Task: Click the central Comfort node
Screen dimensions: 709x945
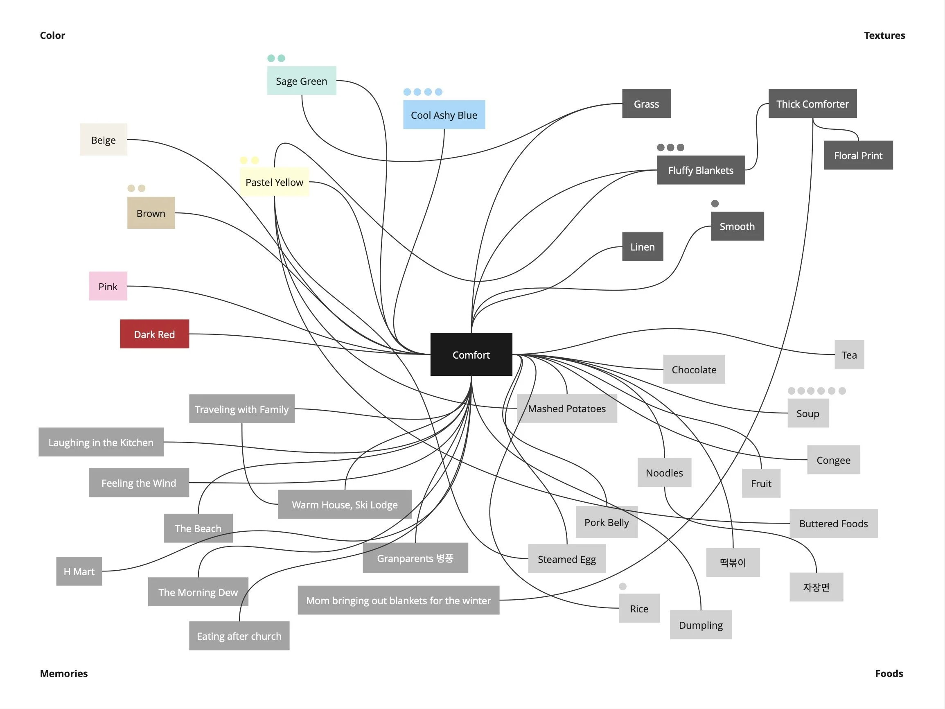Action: click(471, 354)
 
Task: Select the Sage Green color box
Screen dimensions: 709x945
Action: click(301, 81)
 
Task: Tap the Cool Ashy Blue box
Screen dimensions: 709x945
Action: click(444, 115)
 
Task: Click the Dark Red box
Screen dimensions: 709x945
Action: click(154, 334)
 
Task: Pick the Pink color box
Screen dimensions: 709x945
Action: click(108, 286)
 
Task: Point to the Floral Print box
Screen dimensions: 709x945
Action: click(858, 155)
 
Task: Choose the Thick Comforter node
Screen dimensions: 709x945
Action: click(812, 104)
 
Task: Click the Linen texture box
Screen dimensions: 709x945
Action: click(642, 246)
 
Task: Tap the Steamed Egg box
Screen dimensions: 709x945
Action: click(566, 559)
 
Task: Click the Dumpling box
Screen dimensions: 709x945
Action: click(701, 625)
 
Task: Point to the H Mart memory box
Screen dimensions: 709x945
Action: click(79, 571)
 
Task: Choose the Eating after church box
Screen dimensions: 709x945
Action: click(239, 635)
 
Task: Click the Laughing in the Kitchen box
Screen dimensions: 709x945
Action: click(101, 442)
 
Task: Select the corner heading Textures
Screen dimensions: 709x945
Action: click(884, 36)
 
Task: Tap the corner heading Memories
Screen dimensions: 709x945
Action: click(64, 673)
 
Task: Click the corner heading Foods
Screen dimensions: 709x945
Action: click(889, 673)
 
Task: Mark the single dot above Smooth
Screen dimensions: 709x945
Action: click(715, 203)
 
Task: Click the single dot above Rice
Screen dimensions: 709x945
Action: click(622, 586)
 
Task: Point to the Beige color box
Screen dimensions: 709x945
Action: click(103, 140)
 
